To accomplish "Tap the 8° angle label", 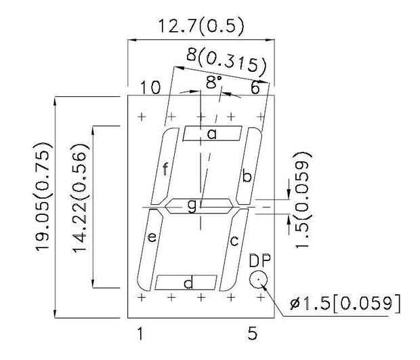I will click(213, 83).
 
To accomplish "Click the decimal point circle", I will click(258, 279).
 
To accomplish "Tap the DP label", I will click(259, 260).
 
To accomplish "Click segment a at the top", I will click(212, 134).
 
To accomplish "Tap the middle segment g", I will click(193, 205).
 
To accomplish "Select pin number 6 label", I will click(255, 87).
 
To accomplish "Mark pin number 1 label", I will click(140, 333).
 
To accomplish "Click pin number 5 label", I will click(252, 333).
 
